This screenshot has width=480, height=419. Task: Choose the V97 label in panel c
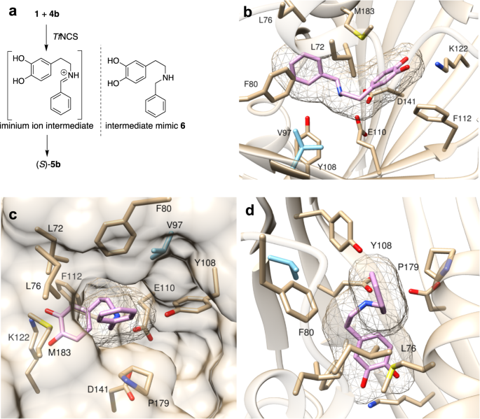click(x=186, y=222)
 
